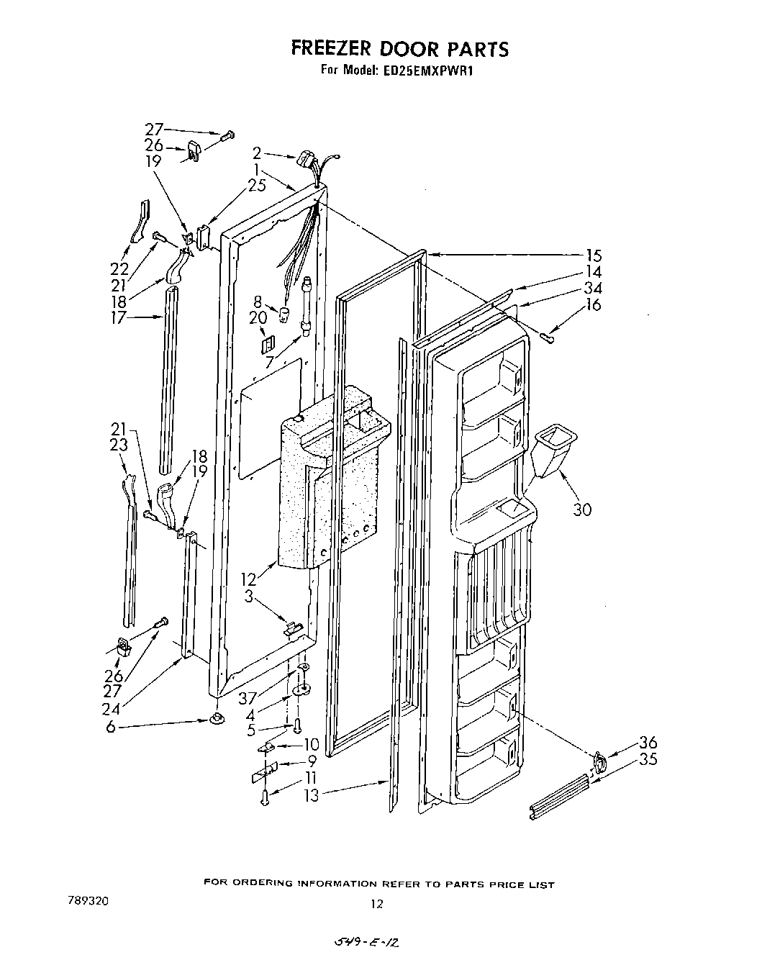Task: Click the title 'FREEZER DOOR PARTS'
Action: coord(399,48)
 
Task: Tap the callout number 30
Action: coord(581,510)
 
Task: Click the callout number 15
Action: coord(594,255)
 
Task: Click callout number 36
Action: coord(648,743)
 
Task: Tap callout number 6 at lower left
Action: coord(110,728)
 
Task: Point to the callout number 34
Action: coord(594,289)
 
